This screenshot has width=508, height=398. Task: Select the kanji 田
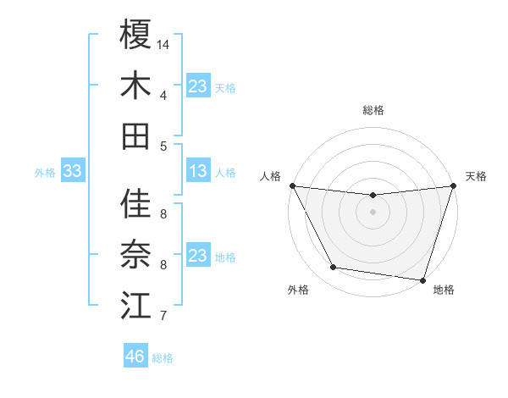click(x=135, y=135)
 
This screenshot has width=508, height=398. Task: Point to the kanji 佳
click(x=135, y=204)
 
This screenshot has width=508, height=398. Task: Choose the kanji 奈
click(x=135, y=254)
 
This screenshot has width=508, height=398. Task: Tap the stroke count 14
click(x=163, y=43)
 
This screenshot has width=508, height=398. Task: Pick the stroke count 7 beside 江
click(x=163, y=317)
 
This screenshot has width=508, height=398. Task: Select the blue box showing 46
click(x=135, y=357)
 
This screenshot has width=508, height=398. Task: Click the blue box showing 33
click(x=72, y=172)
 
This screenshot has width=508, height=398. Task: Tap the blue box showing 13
click(x=197, y=172)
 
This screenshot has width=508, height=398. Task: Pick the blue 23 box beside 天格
click(x=197, y=86)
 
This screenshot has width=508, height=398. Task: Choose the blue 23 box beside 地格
click(x=197, y=256)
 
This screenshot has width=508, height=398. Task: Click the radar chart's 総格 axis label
click(x=373, y=110)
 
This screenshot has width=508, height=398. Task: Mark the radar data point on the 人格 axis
click(x=292, y=185)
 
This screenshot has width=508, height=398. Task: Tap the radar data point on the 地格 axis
click(x=422, y=279)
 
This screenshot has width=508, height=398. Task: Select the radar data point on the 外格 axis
click(x=334, y=268)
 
